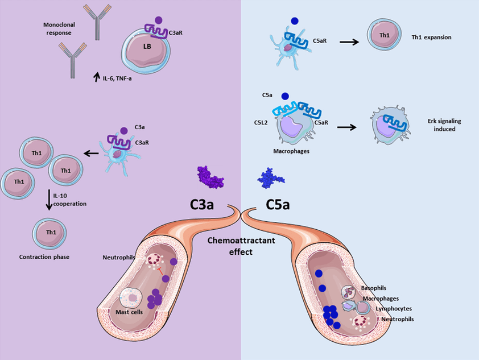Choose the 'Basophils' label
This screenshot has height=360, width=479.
point(374,288)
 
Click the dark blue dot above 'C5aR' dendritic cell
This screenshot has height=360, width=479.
point(294,21)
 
